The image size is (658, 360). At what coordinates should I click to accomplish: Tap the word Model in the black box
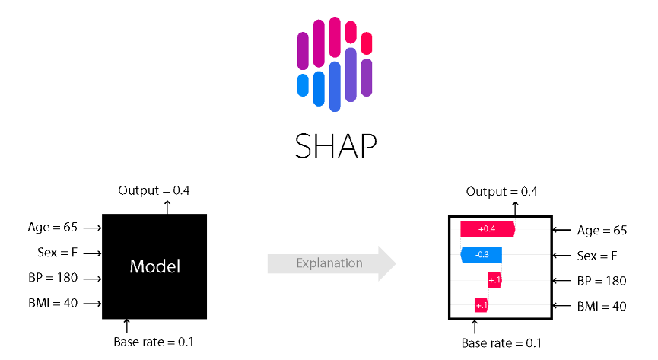click(154, 266)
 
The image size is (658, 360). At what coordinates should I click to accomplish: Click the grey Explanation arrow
click(332, 263)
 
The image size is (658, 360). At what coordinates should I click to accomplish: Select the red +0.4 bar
click(488, 229)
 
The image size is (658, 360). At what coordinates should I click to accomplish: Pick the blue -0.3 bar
click(481, 254)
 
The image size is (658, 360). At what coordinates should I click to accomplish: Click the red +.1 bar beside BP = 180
click(494, 280)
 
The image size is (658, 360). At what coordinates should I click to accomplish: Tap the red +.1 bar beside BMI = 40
click(481, 305)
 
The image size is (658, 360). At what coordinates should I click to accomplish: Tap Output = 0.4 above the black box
click(154, 190)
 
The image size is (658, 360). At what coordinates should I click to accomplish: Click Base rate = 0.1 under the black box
click(154, 342)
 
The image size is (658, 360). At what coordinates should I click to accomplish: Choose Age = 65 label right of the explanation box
click(602, 230)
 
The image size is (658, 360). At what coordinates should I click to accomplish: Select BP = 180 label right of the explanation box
click(601, 281)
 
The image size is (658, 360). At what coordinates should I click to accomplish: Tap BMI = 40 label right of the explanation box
click(601, 306)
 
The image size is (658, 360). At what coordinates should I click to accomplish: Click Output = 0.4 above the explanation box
click(501, 191)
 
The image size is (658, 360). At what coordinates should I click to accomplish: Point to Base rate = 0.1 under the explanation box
click(501, 342)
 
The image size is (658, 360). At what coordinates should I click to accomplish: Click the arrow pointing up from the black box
click(168, 205)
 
